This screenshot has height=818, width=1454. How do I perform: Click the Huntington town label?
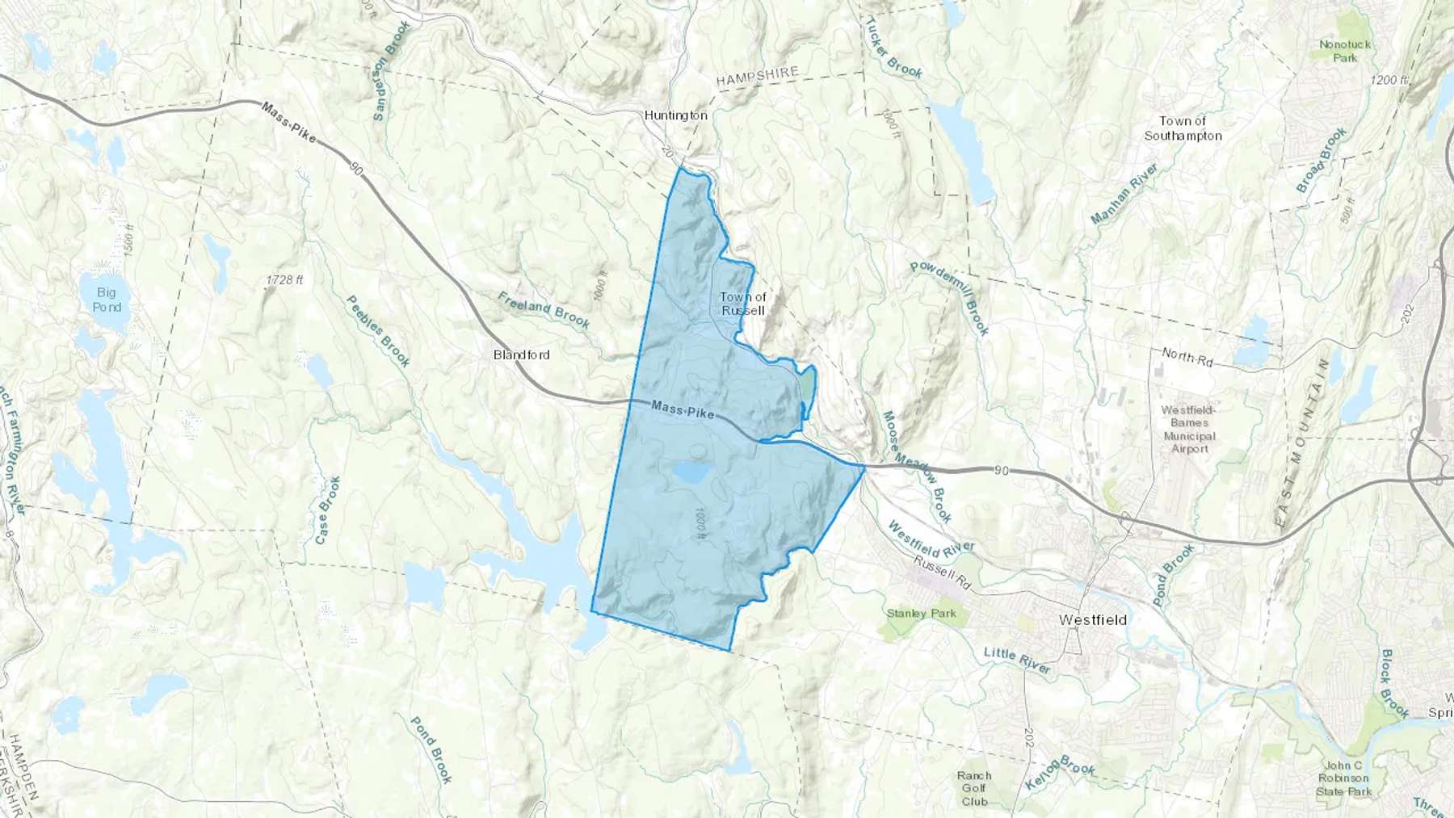675,115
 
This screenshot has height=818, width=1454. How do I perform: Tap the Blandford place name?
521,354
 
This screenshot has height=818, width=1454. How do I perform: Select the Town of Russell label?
742,304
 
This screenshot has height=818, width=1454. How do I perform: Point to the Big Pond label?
106,300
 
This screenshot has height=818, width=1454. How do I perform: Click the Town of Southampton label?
1183,128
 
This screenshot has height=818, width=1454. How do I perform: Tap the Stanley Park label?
921,613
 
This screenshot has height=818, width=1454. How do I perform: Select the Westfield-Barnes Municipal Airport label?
1189,429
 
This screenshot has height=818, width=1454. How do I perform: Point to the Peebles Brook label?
378,330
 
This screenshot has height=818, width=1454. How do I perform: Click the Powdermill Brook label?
949,298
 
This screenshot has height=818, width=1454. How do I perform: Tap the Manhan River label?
1124,194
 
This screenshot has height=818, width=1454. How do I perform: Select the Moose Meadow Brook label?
916,467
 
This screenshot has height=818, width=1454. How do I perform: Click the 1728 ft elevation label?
284,280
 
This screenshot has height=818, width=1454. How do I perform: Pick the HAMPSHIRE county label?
757,76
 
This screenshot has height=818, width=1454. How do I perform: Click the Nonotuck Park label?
1345,51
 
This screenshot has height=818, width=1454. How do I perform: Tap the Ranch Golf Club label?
974,788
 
